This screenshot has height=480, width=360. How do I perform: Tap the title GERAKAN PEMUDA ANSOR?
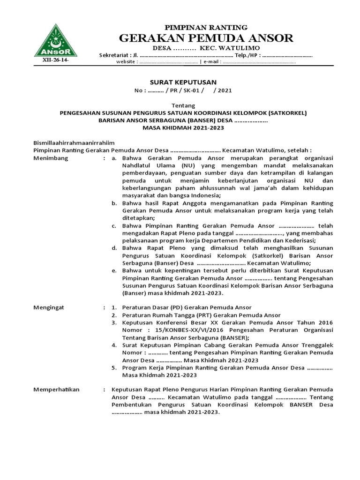(x=207, y=38)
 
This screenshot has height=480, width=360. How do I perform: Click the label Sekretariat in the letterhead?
(x=112, y=55)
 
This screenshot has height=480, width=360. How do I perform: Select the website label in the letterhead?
(x=126, y=62)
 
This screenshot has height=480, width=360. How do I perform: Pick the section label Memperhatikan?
(x=57, y=390)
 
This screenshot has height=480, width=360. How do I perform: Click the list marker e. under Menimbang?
(x=114, y=270)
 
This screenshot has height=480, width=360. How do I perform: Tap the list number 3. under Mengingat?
(x=114, y=323)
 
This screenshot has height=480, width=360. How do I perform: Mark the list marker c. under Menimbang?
(x=114, y=225)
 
